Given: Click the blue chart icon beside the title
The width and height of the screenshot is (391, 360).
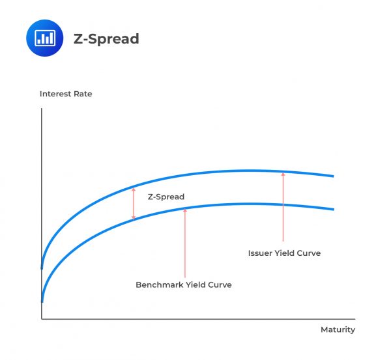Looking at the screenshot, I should click(x=44, y=38).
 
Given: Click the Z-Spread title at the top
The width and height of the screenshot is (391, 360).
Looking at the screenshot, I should click(x=106, y=39).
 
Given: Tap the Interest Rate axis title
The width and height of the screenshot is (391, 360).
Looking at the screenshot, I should click(x=66, y=94).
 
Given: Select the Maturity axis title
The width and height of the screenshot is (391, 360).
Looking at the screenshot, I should click(x=338, y=329).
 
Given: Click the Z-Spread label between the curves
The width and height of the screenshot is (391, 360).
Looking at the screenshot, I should click(x=166, y=197).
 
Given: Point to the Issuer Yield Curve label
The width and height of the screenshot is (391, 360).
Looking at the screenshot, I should click(x=284, y=253).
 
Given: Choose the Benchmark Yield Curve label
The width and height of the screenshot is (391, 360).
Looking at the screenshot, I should click(x=184, y=284).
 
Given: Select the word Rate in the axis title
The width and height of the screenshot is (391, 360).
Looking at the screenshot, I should click(x=83, y=94).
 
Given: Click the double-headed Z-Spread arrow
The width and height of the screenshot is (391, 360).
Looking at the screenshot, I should click(x=134, y=204).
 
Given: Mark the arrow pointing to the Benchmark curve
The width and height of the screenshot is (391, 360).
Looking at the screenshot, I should click(x=185, y=243).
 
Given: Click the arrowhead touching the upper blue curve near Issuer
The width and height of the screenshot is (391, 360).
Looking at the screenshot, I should click(x=283, y=174).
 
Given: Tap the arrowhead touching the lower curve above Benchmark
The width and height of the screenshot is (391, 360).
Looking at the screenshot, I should click(x=185, y=210).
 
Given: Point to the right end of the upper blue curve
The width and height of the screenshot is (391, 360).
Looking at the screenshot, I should click(x=333, y=176).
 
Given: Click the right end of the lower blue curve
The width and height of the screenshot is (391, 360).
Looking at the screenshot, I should click(x=333, y=209).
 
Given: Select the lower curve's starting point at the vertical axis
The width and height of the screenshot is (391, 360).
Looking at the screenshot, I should click(x=42, y=301).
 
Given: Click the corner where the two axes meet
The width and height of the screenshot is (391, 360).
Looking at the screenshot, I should click(x=42, y=319).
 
